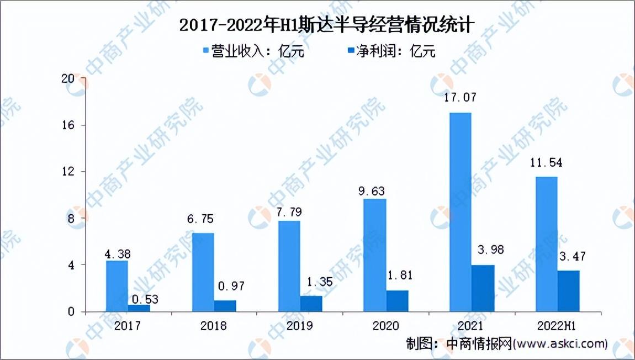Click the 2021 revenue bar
460,212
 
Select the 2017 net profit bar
139,308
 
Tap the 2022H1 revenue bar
546,244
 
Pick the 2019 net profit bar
311,304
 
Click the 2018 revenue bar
203,272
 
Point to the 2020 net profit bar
397,301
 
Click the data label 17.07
460,98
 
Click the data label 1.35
316,282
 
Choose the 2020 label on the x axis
385,326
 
